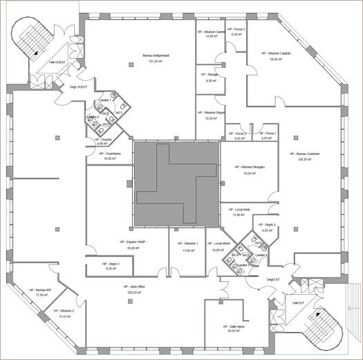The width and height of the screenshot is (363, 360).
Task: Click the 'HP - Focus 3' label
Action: click(237, 28)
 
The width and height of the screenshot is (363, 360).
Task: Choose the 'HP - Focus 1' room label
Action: click(268, 133)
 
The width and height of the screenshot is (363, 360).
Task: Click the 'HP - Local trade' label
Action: click(238, 209)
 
